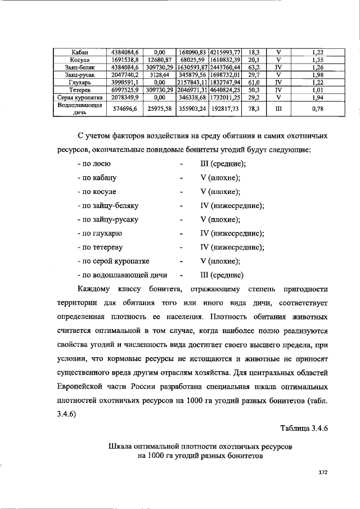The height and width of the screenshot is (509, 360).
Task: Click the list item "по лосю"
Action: tap(94, 164)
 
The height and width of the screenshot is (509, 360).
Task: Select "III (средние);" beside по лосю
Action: tap(223, 164)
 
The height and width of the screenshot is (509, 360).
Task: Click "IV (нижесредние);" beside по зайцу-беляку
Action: tap(232, 206)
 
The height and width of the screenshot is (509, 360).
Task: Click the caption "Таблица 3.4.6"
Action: tap(300, 428)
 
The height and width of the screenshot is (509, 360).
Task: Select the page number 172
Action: tap(322, 474)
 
